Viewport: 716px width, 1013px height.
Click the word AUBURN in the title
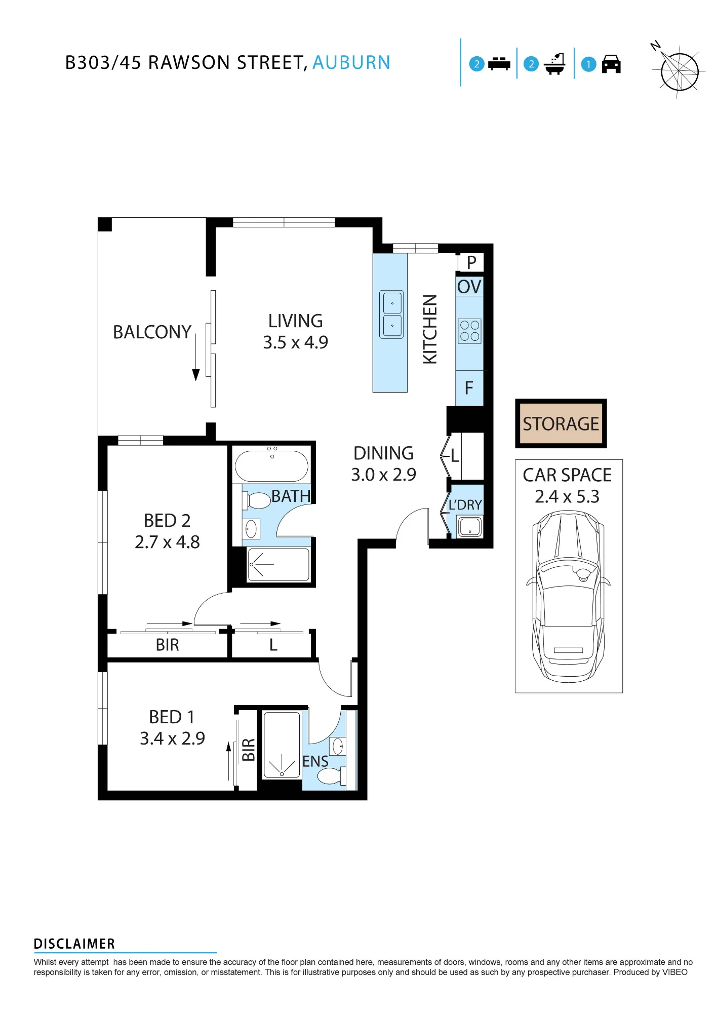click(x=351, y=63)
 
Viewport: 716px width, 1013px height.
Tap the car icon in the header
click(x=611, y=64)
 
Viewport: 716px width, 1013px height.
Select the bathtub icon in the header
click(x=554, y=64)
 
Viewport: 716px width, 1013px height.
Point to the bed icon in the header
click(x=499, y=64)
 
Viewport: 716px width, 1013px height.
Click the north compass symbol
click(x=678, y=70)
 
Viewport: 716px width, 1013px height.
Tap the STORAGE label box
click(x=561, y=423)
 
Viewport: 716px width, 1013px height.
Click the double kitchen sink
click(x=391, y=315)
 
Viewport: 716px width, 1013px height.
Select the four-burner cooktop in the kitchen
click(x=469, y=331)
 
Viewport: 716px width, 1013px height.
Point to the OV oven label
click(x=469, y=287)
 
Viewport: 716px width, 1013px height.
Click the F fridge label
click(x=469, y=388)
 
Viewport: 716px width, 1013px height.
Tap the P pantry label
click(x=471, y=262)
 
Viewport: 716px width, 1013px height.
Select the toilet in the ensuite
click(x=332, y=775)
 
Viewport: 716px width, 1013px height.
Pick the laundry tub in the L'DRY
click(x=470, y=527)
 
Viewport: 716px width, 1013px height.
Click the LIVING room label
click(x=296, y=321)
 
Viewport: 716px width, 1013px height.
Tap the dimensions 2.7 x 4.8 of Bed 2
click(x=167, y=542)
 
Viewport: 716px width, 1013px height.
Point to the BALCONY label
click(x=152, y=332)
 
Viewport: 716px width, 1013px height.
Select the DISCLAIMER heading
click(x=74, y=944)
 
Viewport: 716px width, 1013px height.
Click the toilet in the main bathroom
click(x=257, y=500)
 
